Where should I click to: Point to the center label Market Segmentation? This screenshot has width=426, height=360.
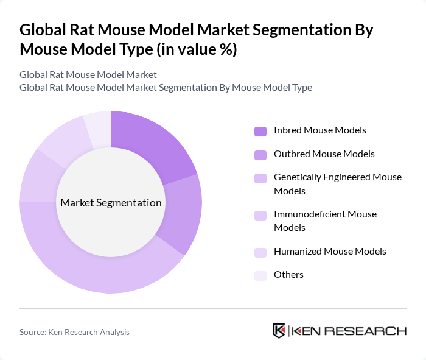(111, 203)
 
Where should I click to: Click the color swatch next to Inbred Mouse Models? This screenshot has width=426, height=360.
(260, 131)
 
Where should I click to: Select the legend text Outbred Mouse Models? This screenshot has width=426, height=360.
(324, 154)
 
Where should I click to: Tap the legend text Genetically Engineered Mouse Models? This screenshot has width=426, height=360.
(338, 184)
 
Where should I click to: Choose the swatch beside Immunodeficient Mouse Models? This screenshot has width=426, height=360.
(260, 215)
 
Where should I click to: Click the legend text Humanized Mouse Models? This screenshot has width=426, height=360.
(330, 251)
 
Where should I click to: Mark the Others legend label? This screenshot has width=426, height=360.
(288, 275)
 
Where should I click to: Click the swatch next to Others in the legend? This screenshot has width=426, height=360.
(260, 275)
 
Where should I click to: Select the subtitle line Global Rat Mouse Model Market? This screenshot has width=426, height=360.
(88, 74)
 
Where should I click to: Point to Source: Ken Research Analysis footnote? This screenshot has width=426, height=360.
(74, 332)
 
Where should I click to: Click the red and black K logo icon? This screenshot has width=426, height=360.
(279, 331)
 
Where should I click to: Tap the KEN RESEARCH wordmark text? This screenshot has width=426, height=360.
(349, 331)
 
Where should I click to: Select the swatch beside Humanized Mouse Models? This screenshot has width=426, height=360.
(260, 252)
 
